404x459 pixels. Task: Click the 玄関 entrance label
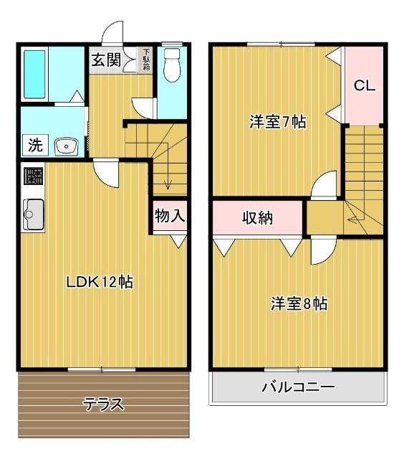pyautogui.click(x=105, y=60)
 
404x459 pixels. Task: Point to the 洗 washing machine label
pyautogui.click(x=34, y=145)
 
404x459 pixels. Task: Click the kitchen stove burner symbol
pyautogui.click(x=32, y=176)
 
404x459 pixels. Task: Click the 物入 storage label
pyautogui.click(x=170, y=215)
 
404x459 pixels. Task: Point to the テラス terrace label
pyautogui.click(x=104, y=404)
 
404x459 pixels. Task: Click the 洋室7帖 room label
pyautogui.click(x=277, y=122)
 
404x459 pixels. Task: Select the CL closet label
pyautogui.click(x=364, y=85)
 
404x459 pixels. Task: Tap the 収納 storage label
pyautogui.click(x=257, y=218)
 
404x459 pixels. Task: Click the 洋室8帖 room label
pyautogui.click(x=299, y=303)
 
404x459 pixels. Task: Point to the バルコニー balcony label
pyautogui.click(x=297, y=388)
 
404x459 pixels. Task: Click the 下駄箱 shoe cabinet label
pyautogui.click(x=146, y=60)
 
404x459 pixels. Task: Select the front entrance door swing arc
pyautogui.click(x=112, y=32)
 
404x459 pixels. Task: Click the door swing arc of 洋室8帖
pyautogui.click(x=324, y=252)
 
